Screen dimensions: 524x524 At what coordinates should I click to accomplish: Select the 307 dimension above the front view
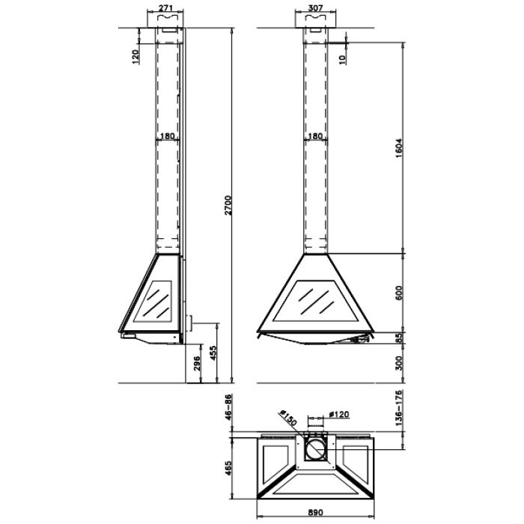[x=315, y=8]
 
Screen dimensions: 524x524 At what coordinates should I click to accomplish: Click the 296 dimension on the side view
[x=197, y=364]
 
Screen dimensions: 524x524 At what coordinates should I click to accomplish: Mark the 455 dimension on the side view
[x=214, y=353]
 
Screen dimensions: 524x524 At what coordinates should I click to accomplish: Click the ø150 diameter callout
[x=287, y=416]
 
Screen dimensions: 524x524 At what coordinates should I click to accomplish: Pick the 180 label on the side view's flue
[x=168, y=136]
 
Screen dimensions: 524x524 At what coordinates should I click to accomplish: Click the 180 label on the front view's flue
[x=315, y=136]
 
